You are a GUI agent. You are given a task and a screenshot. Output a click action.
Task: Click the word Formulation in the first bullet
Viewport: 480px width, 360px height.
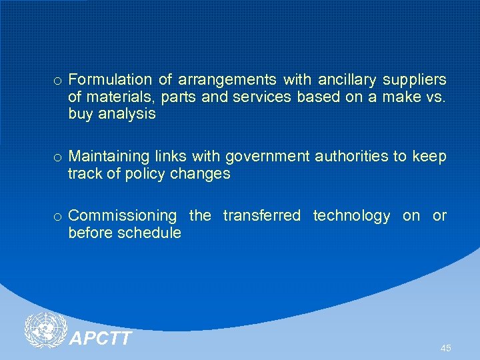coord(109,80)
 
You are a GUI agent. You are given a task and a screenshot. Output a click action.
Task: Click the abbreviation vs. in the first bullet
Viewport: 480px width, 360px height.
coord(436,97)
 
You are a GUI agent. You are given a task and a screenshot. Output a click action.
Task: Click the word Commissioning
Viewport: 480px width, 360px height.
coord(123,216)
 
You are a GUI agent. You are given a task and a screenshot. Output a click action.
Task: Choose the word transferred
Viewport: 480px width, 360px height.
coord(261,216)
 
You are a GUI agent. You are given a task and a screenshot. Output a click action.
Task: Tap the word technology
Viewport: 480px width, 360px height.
coord(351,216)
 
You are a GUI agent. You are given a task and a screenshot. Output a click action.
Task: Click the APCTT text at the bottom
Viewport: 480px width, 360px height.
coord(101,339)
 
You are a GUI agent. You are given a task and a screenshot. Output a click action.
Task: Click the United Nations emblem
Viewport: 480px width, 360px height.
coord(45,331)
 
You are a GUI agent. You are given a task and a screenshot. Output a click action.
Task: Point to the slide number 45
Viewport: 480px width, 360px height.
coord(445,348)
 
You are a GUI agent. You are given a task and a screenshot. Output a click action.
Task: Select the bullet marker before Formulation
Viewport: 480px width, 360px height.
coord(58,81)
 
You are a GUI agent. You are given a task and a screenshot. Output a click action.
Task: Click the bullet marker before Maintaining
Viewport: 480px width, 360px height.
coord(58,158)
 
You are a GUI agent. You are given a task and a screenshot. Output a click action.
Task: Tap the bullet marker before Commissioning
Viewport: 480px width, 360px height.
coord(58,217)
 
